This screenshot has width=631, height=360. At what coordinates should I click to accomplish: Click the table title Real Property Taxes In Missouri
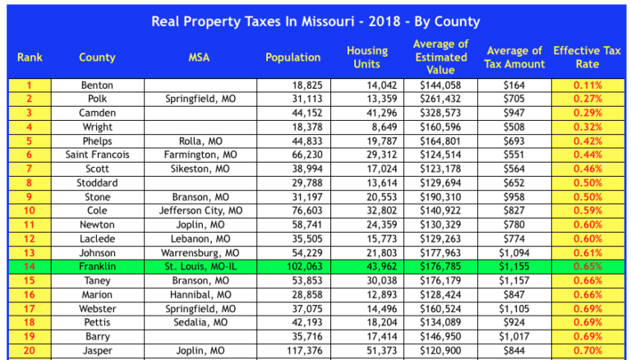click(x=315, y=21)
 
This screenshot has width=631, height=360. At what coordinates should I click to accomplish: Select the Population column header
click(x=292, y=58)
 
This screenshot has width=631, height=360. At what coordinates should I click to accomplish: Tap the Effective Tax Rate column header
click(x=587, y=58)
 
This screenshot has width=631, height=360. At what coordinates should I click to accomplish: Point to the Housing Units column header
click(x=366, y=58)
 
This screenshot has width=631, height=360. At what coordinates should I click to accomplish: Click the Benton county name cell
click(x=97, y=85)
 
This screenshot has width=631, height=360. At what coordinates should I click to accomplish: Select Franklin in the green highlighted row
click(x=97, y=266)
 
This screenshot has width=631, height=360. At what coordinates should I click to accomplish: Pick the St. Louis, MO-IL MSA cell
click(x=200, y=266)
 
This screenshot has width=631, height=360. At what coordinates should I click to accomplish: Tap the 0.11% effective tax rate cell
click(x=587, y=85)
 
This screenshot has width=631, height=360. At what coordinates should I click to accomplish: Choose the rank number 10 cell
click(x=30, y=210)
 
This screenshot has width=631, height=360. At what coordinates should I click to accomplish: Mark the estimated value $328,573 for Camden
click(x=440, y=113)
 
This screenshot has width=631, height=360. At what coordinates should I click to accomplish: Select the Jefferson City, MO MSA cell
click(x=200, y=210)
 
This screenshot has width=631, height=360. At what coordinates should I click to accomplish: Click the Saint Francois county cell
click(x=97, y=155)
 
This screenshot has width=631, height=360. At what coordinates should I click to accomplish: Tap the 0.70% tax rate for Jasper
click(x=587, y=350)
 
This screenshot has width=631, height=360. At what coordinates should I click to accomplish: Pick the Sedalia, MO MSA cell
click(x=200, y=322)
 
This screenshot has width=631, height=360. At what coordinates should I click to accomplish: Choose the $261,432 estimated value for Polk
click(x=440, y=99)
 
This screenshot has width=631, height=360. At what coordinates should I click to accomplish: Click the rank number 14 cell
click(x=30, y=266)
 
